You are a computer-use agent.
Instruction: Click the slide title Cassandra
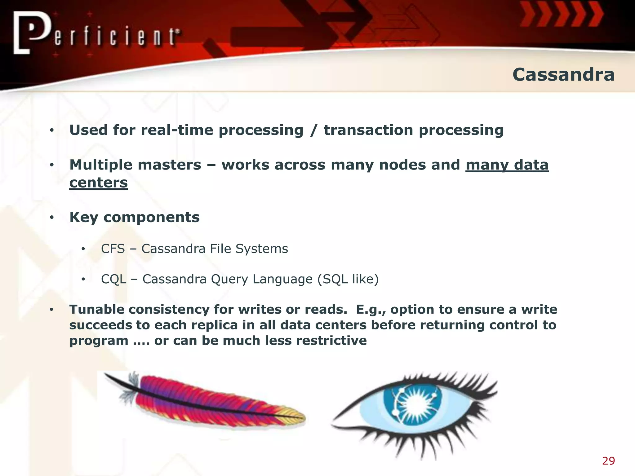(563, 75)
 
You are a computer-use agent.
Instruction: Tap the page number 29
(608, 461)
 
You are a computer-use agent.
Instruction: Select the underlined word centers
(98, 183)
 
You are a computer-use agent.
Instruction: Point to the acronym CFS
(113, 249)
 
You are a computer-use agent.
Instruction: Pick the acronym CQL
(113, 279)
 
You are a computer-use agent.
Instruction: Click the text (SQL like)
(348, 279)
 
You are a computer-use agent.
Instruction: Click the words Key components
(134, 217)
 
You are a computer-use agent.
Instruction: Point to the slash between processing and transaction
(313, 130)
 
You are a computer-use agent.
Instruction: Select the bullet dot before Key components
(52, 218)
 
